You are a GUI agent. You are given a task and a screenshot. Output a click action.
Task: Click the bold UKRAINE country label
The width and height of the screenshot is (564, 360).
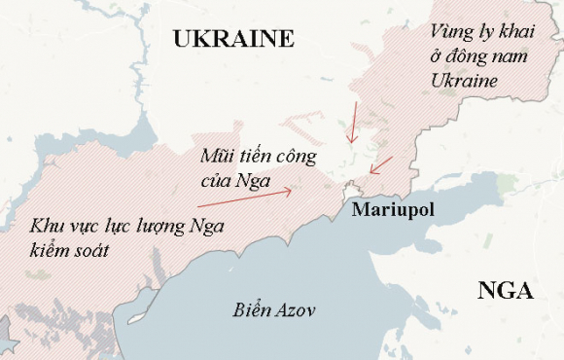[x=232, y=39]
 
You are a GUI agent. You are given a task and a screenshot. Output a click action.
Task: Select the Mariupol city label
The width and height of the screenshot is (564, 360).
[x=392, y=210]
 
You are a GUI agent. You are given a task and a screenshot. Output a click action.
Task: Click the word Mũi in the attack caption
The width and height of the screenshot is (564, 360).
[x=216, y=156]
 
